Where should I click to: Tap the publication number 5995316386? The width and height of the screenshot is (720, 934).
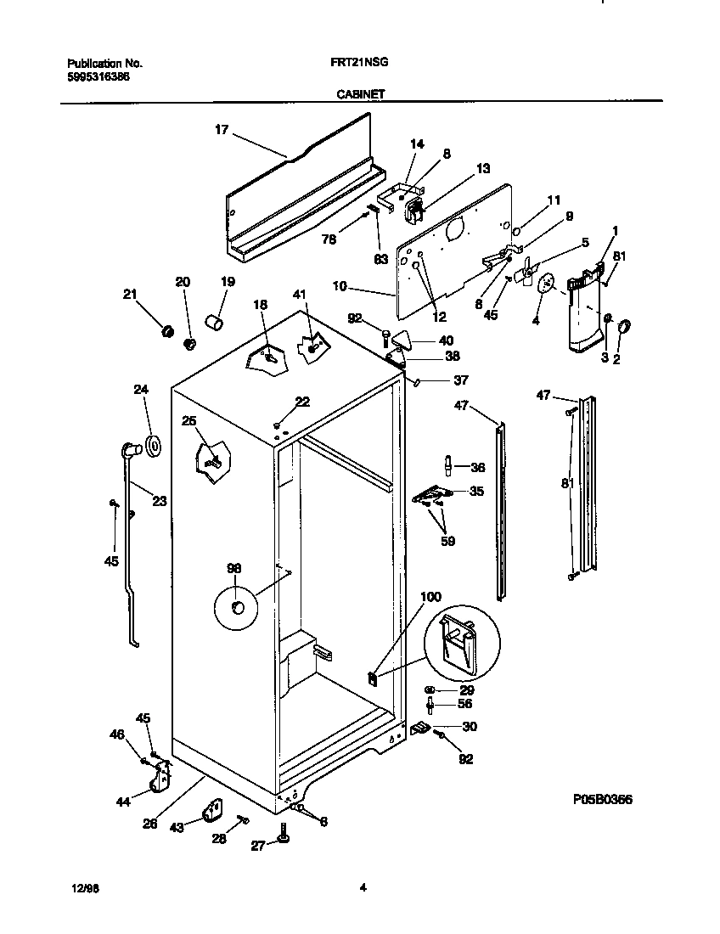(98, 76)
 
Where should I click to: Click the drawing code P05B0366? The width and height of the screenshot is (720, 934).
(602, 800)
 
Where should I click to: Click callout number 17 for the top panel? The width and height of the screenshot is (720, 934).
(221, 130)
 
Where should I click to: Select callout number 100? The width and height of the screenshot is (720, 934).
(430, 597)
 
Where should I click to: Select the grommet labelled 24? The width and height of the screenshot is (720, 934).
(154, 445)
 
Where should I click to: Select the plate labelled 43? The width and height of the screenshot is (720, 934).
(211, 811)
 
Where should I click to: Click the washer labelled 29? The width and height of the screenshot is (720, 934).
(431, 689)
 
